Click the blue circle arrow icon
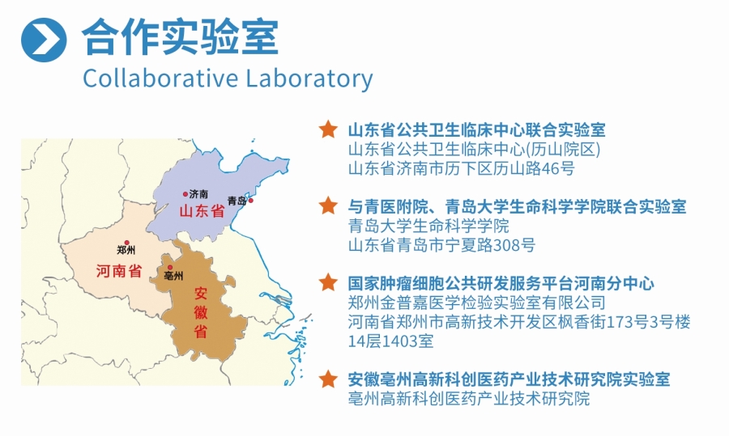44,38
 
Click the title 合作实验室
180,36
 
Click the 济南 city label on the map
198,194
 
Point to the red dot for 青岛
251,200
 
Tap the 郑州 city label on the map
126,250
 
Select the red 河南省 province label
118,271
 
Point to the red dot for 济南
185,194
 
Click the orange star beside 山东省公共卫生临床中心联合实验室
327,129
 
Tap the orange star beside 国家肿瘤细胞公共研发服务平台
327,283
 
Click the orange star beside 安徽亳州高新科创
327,379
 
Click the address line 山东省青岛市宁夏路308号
441,245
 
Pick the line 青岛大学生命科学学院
428,226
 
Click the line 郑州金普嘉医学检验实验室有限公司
476,303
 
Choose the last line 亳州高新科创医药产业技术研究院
468,399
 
